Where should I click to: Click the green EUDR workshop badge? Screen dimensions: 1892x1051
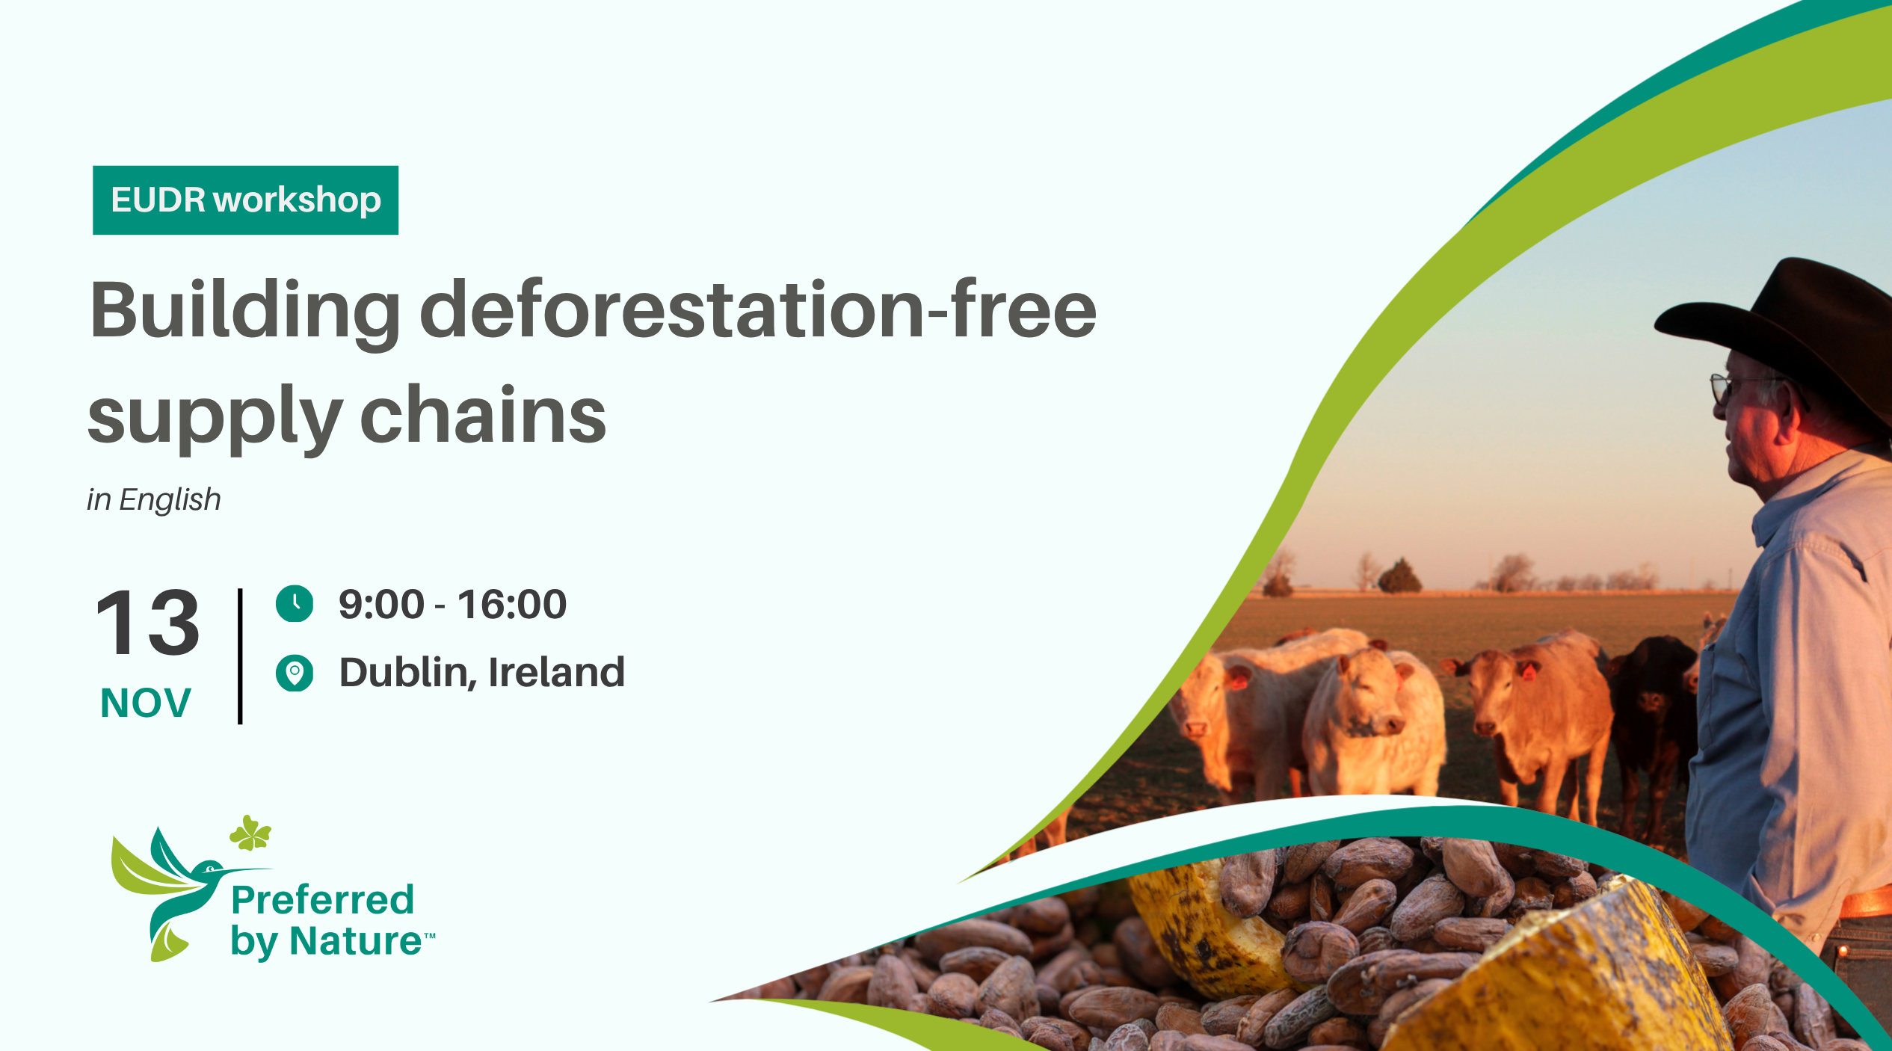click(x=245, y=200)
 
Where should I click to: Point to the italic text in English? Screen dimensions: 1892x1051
click(x=154, y=499)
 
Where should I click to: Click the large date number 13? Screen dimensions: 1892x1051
click(x=147, y=622)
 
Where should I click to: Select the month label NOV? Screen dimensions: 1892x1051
click(x=146, y=703)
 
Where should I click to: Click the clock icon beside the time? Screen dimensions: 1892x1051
click(x=295, y=603)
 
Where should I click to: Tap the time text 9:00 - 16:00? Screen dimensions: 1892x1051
click(x=452, y=604)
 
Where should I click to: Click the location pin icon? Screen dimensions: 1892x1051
click(x=295, y=673)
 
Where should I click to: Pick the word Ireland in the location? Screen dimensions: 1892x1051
click(x=555, y=672)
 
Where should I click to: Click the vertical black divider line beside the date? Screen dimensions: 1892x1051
click(x=240, y=656)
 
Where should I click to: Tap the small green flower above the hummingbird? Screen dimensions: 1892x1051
click(x=250, y=833)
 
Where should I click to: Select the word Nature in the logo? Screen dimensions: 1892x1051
click(x=355, y=940)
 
